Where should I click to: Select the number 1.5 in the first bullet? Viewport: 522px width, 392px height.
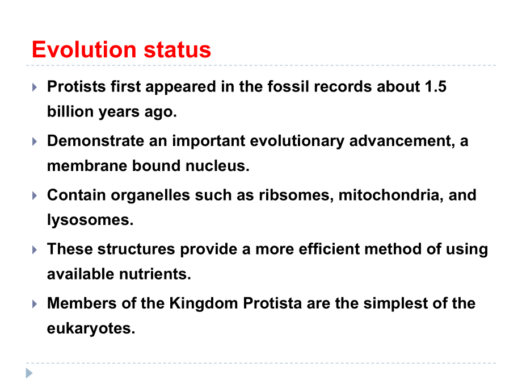tap(435, 87)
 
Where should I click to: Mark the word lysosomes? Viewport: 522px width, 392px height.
tap(90, 220)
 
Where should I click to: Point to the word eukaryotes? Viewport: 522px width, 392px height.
tap(91, 328)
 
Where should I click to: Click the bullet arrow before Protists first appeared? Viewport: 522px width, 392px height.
tap(35, 87)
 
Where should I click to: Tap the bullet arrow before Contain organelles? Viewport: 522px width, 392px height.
tap(35, 195)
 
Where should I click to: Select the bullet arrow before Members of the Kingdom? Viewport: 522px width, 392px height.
tap(35, 303)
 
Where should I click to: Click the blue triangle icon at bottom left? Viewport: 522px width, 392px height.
tap(29, 373)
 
